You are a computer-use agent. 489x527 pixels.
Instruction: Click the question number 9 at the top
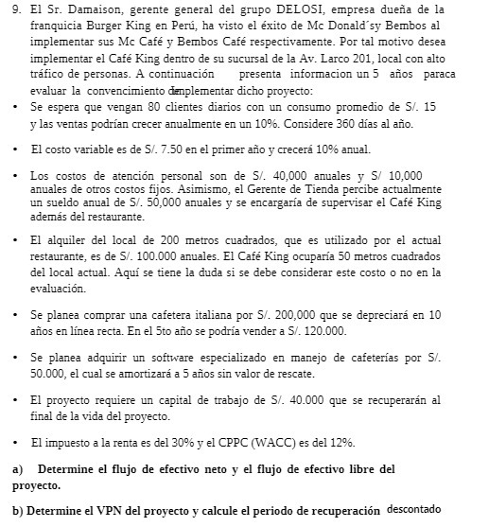(12, 9)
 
